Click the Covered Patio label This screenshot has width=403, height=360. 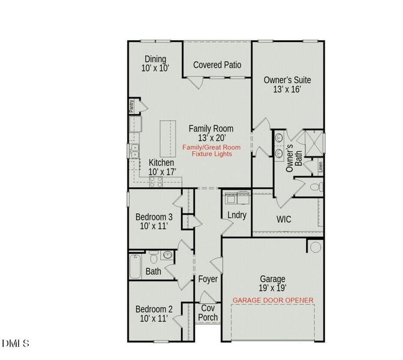pos(217,65)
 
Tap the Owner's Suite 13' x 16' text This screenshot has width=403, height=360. pos(287,85)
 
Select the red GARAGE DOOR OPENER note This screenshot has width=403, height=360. pos(273,300)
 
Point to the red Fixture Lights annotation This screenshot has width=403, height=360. pos(212,154)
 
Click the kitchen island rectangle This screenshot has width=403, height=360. pos(168,139)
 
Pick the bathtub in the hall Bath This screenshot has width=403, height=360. pos(135,266)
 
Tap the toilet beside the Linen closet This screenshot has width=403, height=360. pos(317,187)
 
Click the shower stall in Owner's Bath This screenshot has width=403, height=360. pos(314,143)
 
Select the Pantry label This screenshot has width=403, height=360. pos(131,106)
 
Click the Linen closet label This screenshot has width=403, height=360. pos(320,167)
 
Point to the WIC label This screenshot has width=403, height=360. pos(284,220)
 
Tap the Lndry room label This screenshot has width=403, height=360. pos(237,215)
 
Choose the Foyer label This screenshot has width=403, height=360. pos(207,279)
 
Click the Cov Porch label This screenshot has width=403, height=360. pos(207,313)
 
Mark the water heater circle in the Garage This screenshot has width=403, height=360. pos(315,247)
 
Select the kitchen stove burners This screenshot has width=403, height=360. pos(156,182)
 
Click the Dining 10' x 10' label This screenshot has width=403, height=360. pos(155,64)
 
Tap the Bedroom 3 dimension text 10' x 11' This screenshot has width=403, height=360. pos(154,226)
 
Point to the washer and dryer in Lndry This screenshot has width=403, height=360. pos(237,198)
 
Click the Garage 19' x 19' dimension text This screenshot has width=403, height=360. pos(272,288)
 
